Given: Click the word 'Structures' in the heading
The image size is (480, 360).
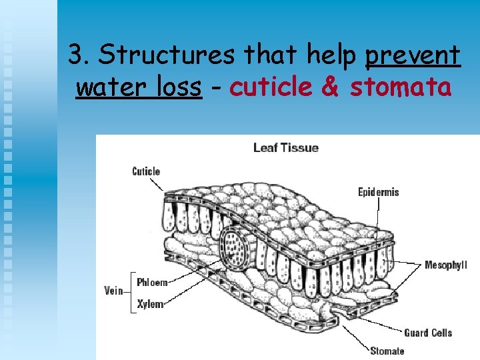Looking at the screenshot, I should [167, 55].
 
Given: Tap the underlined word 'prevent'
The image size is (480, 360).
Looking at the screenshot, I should [413, 55].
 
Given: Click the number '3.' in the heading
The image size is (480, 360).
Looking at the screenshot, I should [80, 55].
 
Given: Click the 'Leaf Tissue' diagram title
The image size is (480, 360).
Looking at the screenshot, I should [285, 147].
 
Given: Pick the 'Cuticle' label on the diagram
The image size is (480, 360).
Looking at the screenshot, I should [146, 171].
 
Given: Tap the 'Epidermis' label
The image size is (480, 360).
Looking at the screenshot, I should [378, 192].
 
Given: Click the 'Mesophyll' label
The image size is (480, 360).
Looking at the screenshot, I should [446, 265].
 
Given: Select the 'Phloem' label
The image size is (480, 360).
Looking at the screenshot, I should [152, 282].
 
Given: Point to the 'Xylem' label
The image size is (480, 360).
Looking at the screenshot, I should [150, 304].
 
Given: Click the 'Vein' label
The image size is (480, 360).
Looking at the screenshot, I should [113, 291].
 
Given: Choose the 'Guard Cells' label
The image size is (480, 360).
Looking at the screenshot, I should [428, 332].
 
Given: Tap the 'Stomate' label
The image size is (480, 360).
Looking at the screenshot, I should [387, 351].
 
